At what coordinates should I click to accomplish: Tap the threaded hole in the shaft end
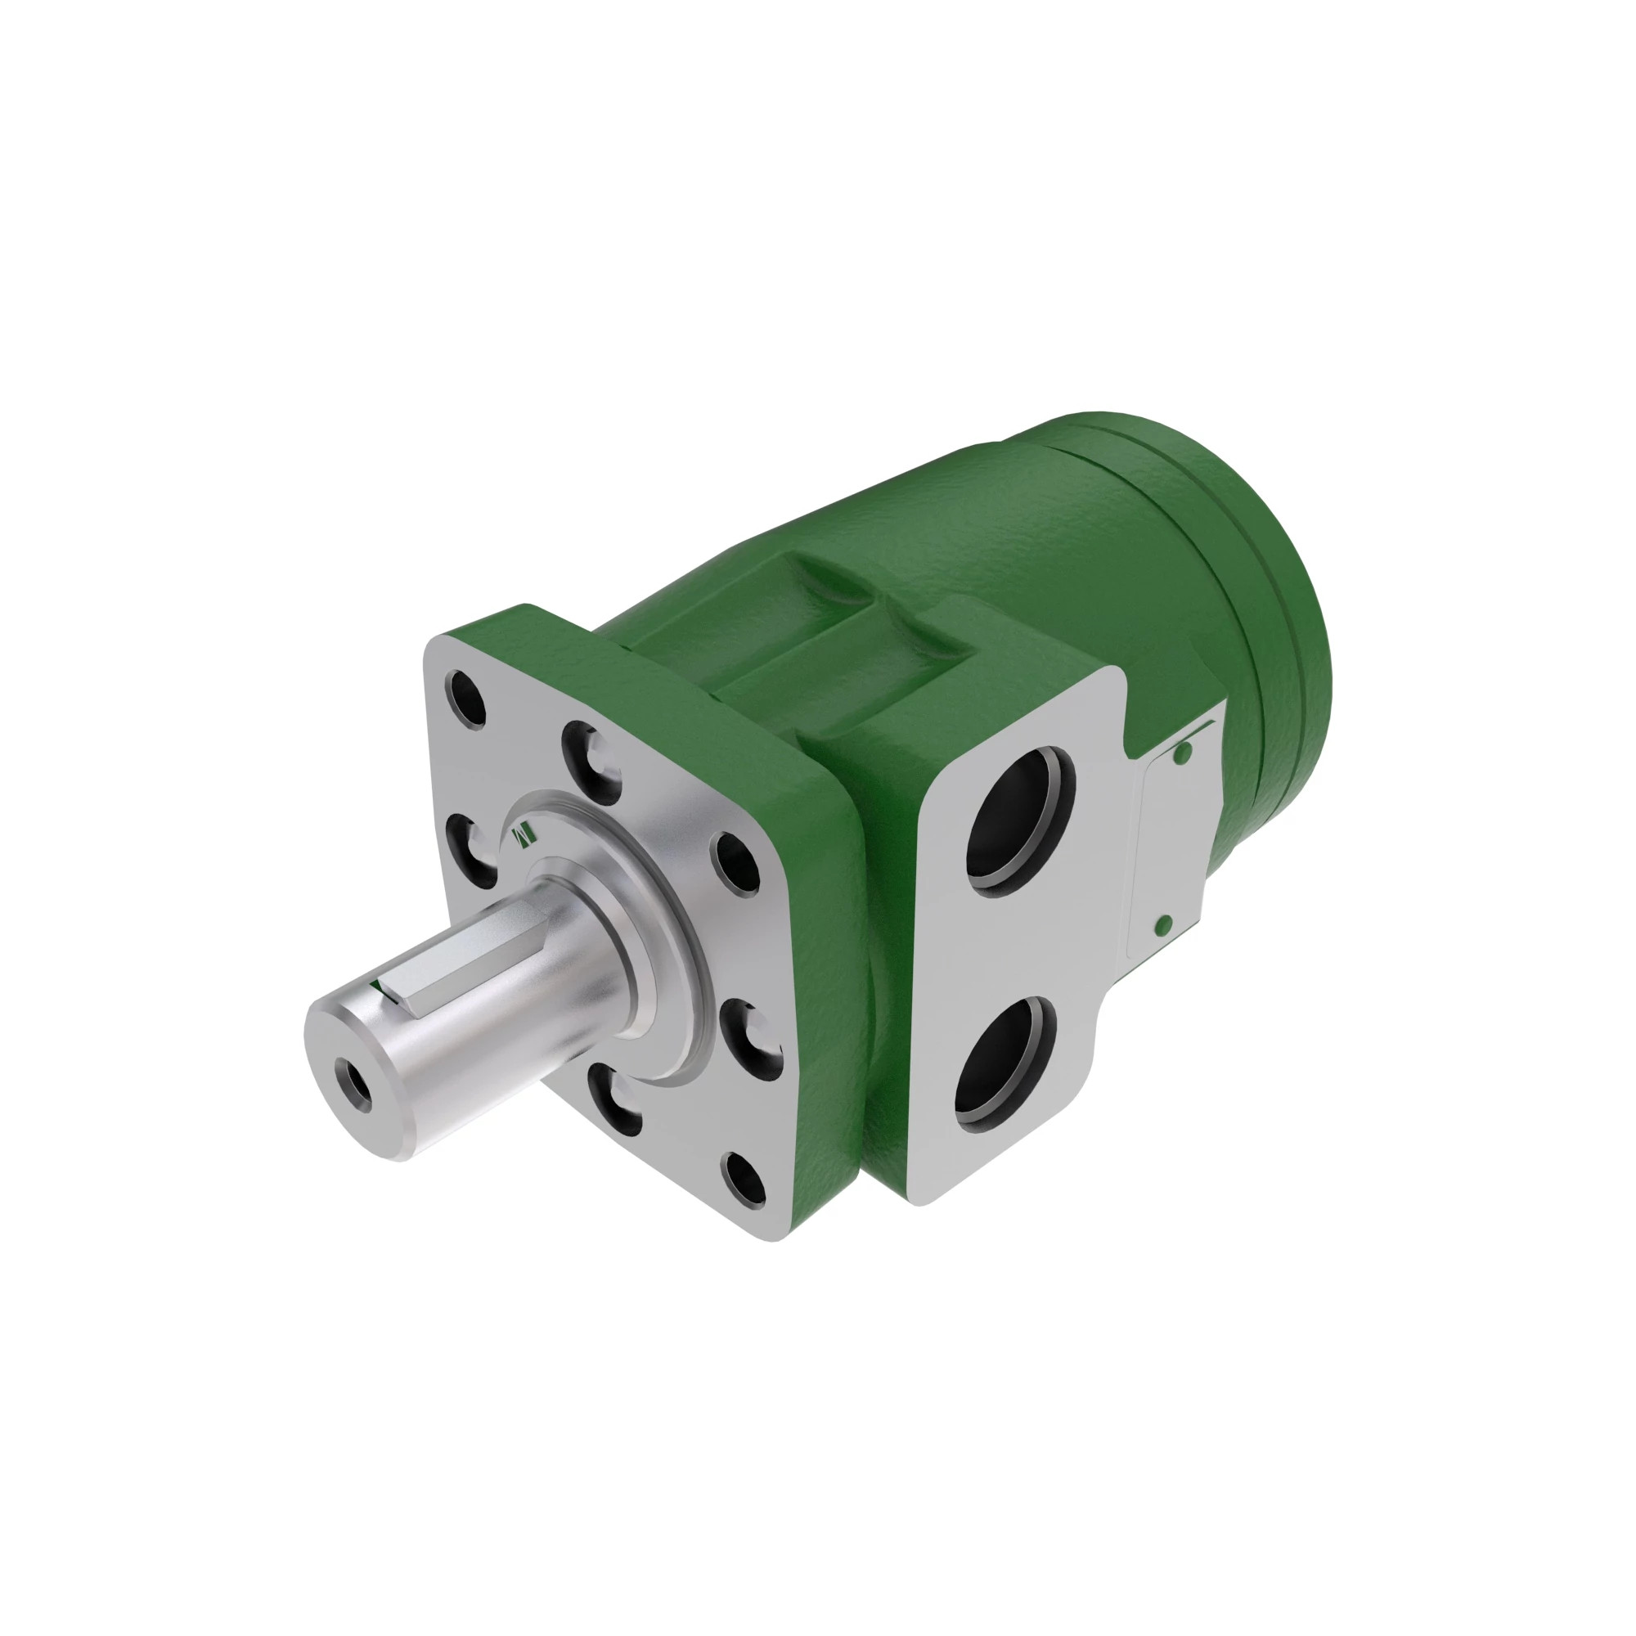(x=354, y=1083)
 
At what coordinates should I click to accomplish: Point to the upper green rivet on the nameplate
(x=1184, y=751)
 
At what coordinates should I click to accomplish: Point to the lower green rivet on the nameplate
(x=1163, y=923)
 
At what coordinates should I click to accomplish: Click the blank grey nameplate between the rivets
(x=1173, y=838)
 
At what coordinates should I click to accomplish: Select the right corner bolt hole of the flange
(x=735, y=863)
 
